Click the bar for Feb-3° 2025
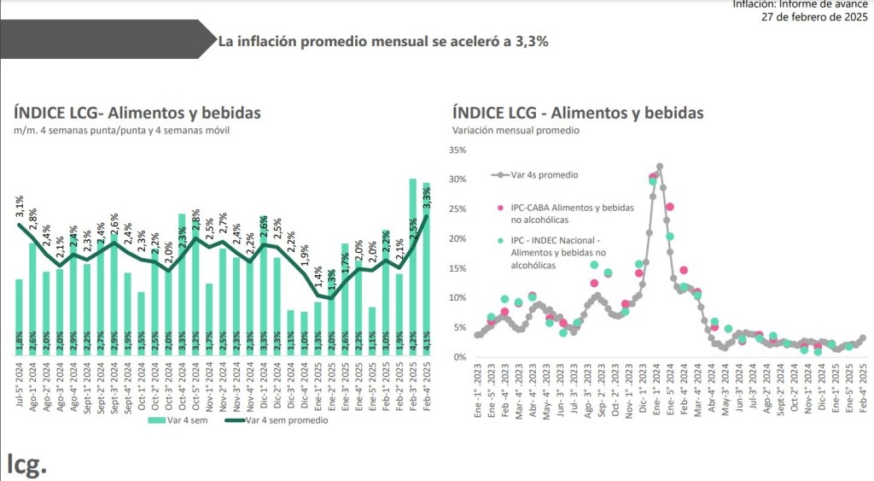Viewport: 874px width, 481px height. [x=413, y=265]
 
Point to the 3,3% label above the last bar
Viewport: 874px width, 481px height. [x=427, y=196]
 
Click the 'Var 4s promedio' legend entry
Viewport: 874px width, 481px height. [x=544, y=174]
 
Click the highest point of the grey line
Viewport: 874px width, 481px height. [x=659, y=167]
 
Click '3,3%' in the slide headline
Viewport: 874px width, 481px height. [x=531, y=40]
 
